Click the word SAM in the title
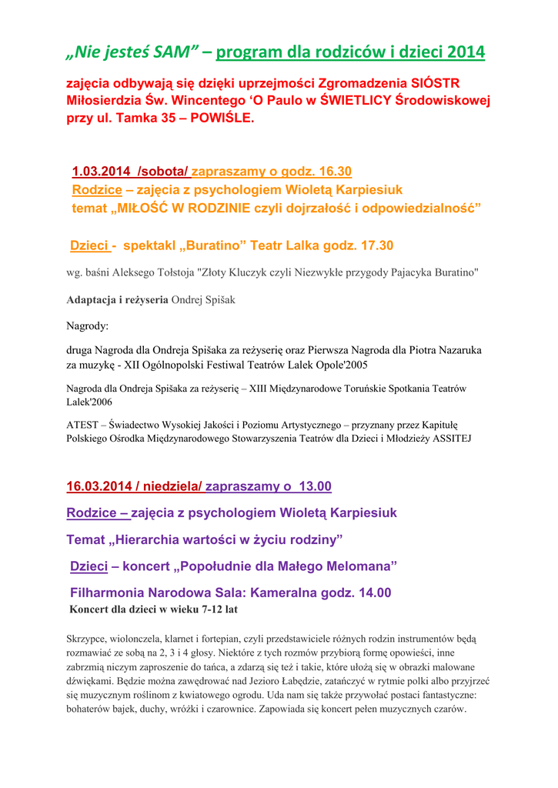175,52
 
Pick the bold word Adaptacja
96,300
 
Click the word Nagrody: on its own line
88,326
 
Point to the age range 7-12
203,609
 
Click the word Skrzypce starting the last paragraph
88,639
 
